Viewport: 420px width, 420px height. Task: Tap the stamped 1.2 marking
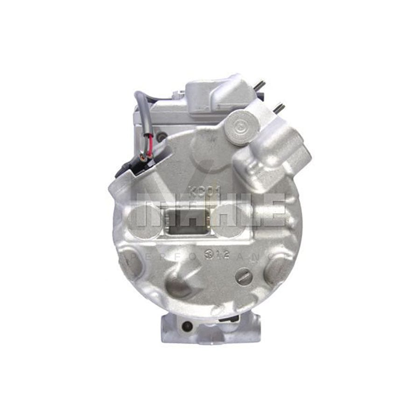[x=220, y=256]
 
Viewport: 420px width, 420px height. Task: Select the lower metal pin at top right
[x=279, y=108]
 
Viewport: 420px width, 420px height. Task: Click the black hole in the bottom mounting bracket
[x=188, y=326]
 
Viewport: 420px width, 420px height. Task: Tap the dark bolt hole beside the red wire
[x=162, y=138]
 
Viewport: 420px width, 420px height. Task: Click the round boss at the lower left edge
[x=131, y=266]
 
